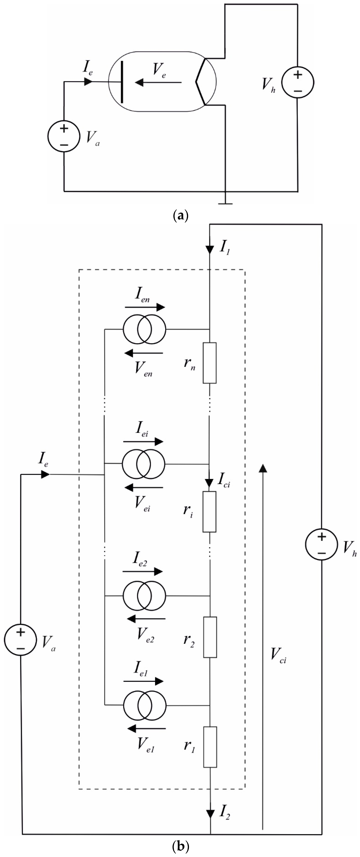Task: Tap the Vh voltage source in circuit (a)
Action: tap(298, 82)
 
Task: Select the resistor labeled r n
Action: tap(210, 363)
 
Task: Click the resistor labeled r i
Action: tap(210, 511)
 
